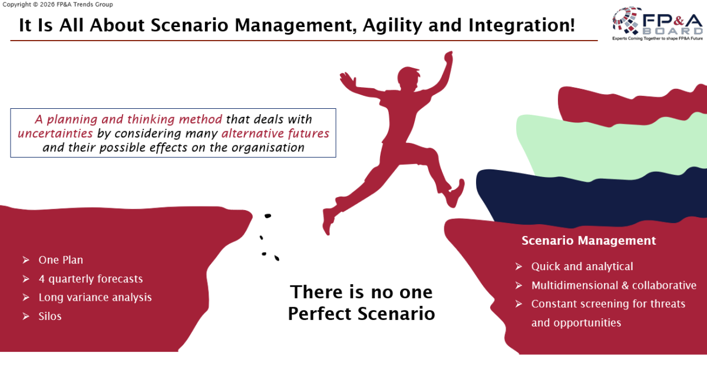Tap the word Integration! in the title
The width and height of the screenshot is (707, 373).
pos(522,25)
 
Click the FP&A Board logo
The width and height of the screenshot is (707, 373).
pos(658,24)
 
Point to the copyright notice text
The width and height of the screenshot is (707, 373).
pos(58,5)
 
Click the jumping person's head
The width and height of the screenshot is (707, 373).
pos(408,77)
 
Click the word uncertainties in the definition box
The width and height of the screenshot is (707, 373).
pos(55,134)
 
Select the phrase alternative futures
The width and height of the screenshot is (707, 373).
pos(275,134)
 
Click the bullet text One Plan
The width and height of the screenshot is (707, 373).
pos(61,260)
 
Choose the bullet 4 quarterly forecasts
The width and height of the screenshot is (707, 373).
pos(91,279)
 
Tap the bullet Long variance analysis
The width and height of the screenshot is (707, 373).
pos(95,297)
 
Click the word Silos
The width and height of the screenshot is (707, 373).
pos(50,317)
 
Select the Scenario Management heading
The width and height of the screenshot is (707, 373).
pos(589,241)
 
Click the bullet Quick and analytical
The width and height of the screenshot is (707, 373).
pos(582,267)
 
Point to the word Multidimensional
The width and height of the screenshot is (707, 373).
pos(574,285)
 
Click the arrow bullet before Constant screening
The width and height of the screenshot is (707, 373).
pos(518,304)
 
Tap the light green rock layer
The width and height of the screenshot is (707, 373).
pos(609,148)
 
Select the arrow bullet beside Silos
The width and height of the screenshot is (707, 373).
pos(26,317)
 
